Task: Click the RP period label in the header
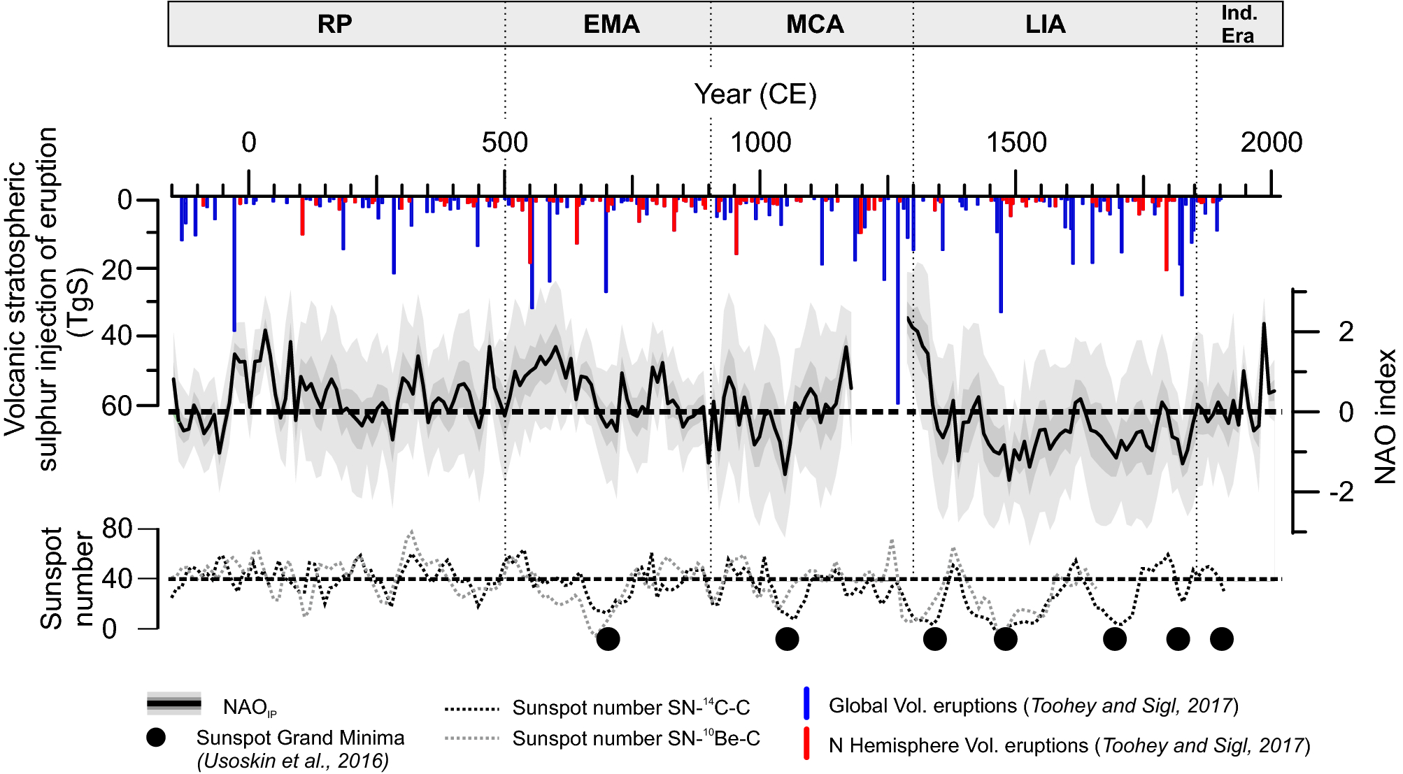click(x=334, y=24)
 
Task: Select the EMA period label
click(x=611, y=24)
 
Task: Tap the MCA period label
click(x=815, y=24)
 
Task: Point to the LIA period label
click(x=1045, y=24)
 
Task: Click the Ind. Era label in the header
click(x=1239, y=24)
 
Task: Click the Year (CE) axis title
click(x=755, y=94)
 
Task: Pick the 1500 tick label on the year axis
click(x=1016, y=143)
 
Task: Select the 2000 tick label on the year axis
click(x=1271, y=143)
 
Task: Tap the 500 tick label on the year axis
click(x=504, y=143)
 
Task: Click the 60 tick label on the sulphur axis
click(x=117, y=406)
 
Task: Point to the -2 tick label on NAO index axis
click(x=1341, y=493)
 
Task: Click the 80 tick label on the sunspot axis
click(x=117, y=529)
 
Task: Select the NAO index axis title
click(x=1384, y=417)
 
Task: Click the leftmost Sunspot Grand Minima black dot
click(x=608, y=638)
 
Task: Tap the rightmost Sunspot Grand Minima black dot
click(x=1221, y=638)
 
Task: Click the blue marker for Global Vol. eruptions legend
click(x=806, y=703)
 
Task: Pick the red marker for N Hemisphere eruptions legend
click(x=806, y=743)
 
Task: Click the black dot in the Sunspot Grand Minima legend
click(x=156, y=738)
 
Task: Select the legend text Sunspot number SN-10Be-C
click(x=636, y=739)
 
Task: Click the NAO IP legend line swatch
click(x=174, y=703)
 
